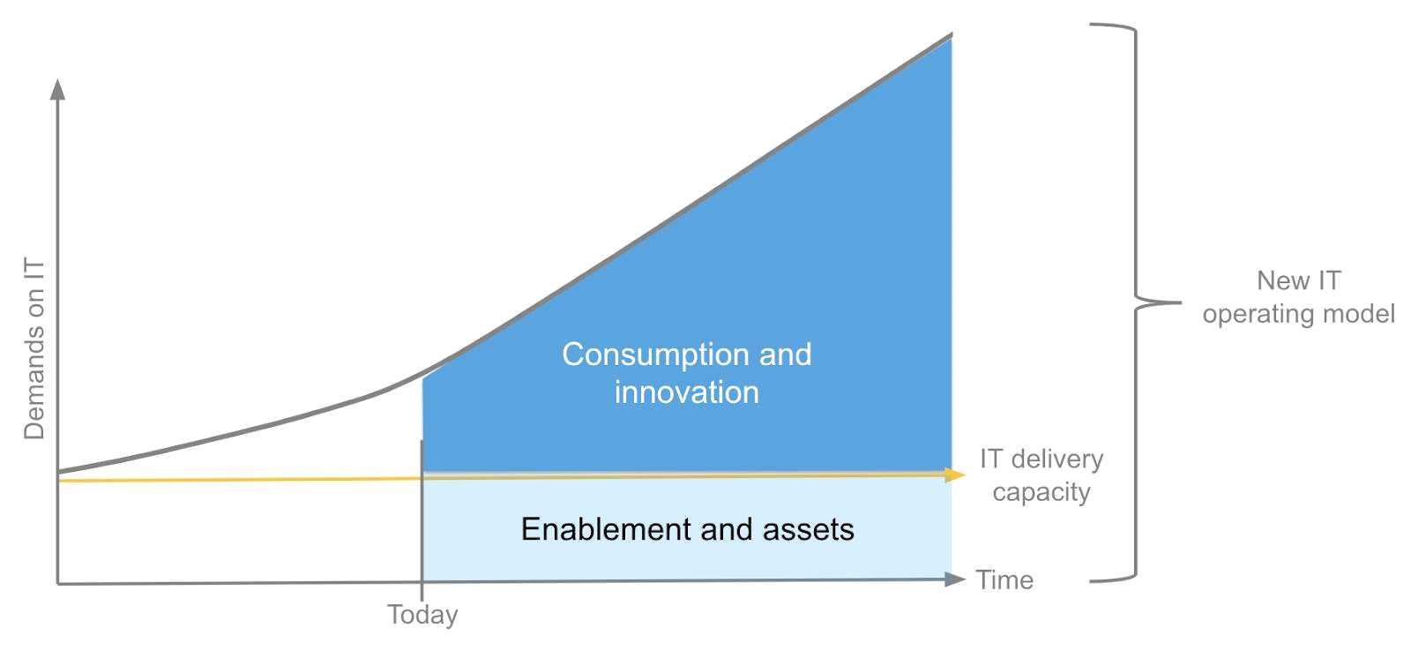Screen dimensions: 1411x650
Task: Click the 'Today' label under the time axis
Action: pos(422,615)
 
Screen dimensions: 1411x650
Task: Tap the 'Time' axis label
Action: pos(1004,580)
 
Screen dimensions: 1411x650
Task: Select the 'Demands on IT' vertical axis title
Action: pos(34,348)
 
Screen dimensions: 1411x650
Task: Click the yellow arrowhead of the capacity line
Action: pos(955,474)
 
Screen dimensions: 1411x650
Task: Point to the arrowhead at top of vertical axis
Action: pos(58,89)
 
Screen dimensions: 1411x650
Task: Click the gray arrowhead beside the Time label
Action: pos(955,579)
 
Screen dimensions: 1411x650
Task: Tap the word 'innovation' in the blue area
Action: pos(687,392)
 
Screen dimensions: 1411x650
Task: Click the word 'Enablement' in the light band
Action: pos(606,529)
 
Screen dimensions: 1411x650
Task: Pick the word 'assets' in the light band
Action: pos(808,530)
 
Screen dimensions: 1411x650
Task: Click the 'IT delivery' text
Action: pos(1041,459)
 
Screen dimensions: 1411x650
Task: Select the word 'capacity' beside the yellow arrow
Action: pos(1041,492)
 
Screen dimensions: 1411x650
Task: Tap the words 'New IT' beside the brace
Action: pos(1299,281)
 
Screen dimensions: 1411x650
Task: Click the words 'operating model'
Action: pos(1299,314)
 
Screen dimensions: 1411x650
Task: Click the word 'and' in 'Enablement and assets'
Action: pos(727,529)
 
